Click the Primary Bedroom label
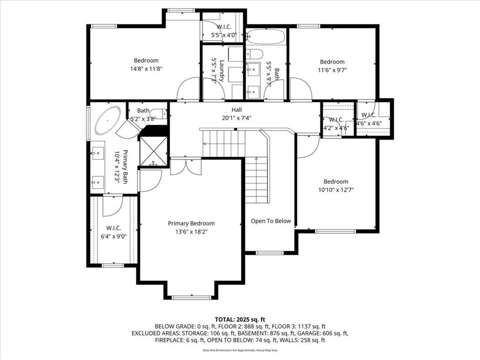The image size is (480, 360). [191, 224]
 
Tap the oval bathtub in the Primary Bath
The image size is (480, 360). [108, 120]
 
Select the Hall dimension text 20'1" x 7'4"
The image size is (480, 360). [236, 118]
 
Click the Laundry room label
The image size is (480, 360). [222, 71]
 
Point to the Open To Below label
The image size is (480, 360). [271, 221]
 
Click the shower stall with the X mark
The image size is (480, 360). [153, 152]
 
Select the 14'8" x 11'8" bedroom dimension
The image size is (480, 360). [146, 69]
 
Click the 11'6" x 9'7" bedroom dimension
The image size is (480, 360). [332, 70]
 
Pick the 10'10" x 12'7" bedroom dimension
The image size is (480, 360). [336, 190]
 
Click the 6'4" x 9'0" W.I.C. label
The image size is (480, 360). [113, 236]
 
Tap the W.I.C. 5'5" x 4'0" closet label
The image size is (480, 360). [224, 31]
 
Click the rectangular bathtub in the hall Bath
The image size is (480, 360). [266, 37]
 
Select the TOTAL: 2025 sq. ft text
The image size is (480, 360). [240, 320]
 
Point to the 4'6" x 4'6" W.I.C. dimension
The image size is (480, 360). [369, 123]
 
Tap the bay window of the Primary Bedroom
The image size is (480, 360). [191, 297]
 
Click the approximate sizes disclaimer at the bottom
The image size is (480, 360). [240, 350]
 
